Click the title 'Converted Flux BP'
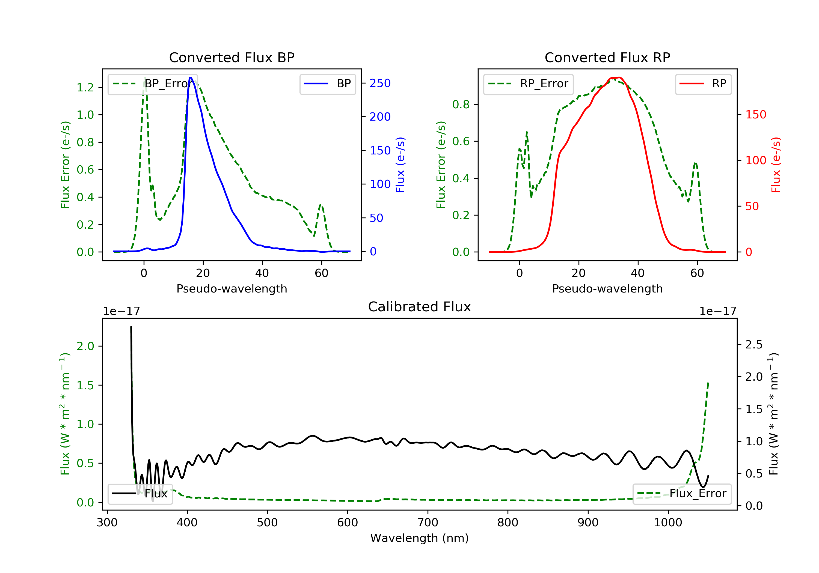[x=232, y=57]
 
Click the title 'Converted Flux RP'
[x=607, y=57]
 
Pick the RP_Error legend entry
[x=529, y=84]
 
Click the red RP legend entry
[x=703, y=84]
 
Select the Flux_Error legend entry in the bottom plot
[x=682, y=494]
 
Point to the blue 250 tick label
[x=380, y=83]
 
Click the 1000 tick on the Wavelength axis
[x=668, y=523]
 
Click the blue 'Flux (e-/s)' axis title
[x=400, y=165]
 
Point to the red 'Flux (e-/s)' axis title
[x=776, y=165]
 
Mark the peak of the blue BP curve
[x=191, y=77]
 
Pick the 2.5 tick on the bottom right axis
[x=754, y=344]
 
